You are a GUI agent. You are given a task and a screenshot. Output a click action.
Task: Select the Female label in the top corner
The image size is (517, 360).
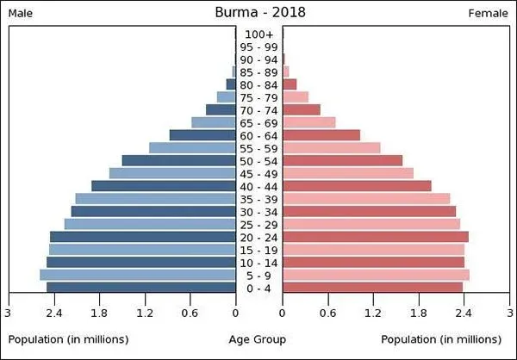click(489, 14)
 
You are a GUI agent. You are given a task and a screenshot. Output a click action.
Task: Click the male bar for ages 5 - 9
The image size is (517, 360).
click(138, 275)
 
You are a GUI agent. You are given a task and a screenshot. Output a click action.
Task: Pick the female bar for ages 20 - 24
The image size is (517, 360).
click(376, 237)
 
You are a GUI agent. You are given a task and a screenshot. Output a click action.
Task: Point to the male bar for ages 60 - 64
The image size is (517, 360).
click(202, 135)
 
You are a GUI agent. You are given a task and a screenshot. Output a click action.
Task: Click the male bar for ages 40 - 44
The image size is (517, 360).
click(164, 186)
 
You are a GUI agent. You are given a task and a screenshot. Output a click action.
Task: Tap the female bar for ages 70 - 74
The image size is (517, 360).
click(302, 110)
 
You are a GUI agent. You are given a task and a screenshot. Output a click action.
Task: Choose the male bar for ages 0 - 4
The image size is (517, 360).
click(141, 288)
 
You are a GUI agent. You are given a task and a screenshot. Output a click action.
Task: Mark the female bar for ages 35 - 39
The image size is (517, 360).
click(366, 199)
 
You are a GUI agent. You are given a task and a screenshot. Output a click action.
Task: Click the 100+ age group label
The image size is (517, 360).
click(258, 34)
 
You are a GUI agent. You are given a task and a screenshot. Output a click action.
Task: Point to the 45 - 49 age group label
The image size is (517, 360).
click(258, 174)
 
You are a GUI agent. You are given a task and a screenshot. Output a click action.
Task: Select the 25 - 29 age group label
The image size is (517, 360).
click(258, 225)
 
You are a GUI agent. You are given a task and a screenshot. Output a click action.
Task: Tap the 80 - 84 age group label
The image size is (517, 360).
click(258, 85)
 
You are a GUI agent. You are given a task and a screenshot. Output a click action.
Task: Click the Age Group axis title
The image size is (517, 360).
click(258, 340)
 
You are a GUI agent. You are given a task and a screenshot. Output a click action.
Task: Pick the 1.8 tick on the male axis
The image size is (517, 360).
click(99, 312)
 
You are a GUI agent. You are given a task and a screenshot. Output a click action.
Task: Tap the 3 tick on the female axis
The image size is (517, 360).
click(510, 312)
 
